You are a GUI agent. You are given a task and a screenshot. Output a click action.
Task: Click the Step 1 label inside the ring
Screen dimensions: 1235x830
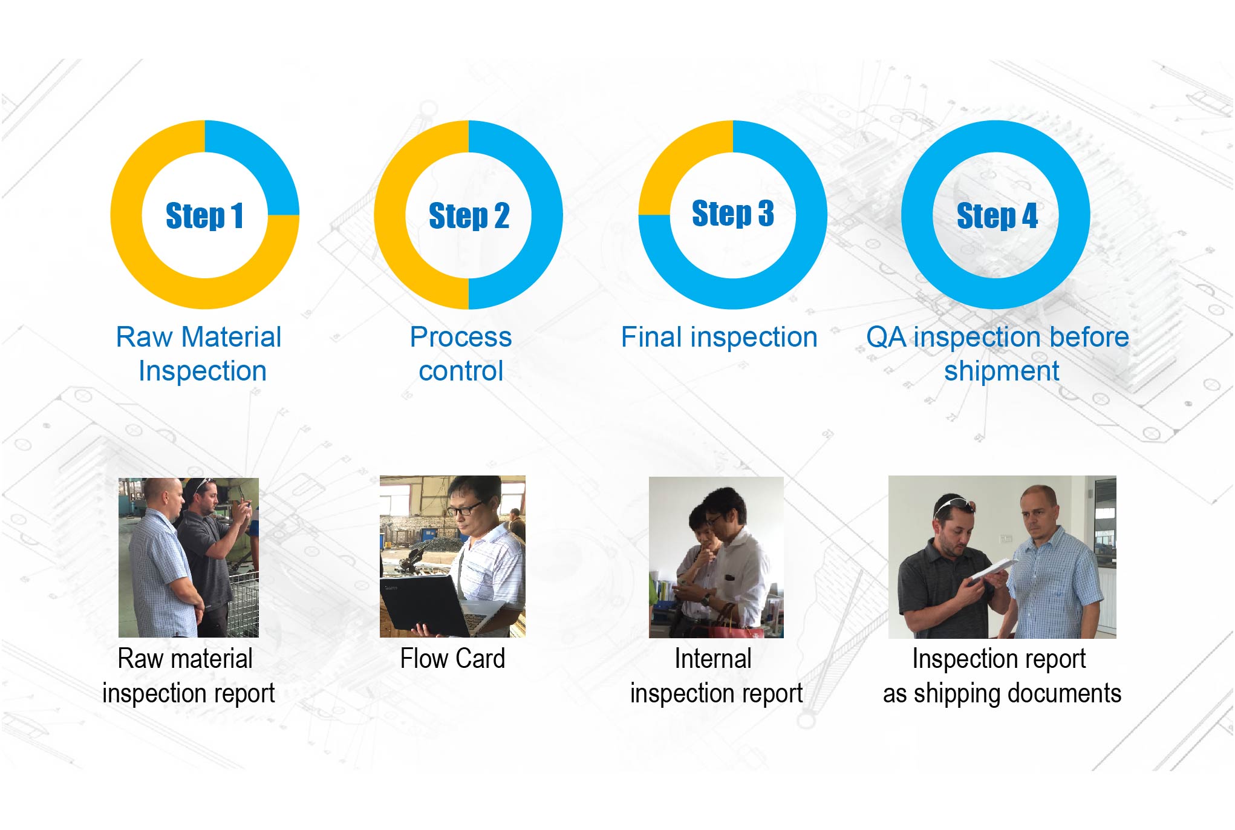(x=204, y=215)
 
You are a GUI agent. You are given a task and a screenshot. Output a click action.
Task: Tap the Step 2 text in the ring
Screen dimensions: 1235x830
(x=469, y=215)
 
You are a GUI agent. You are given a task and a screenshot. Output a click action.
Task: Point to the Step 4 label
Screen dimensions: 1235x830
(x=997, y=215)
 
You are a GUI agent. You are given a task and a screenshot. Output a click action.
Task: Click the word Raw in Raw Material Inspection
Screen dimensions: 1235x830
(x=145, y=337)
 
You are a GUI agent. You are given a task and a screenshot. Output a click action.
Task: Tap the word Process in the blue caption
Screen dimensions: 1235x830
(x=461, y=337)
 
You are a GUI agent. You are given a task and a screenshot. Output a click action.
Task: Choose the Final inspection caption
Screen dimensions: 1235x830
(x=719, y=337)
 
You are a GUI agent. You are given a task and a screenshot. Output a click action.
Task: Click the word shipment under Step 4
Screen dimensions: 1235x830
(x=1002, y=371)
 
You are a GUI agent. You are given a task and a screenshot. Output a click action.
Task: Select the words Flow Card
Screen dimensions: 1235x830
(x=452, y=658)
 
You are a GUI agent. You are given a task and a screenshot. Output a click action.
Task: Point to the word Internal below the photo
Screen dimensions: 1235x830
(x=713, y=658)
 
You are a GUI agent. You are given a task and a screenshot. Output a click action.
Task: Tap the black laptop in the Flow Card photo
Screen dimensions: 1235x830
(x=423, y=605)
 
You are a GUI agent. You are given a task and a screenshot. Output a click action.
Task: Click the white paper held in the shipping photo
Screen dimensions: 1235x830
(x=993, y=571)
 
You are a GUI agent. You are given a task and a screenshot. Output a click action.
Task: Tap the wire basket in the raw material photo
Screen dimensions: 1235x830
(x=243, y=605)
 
